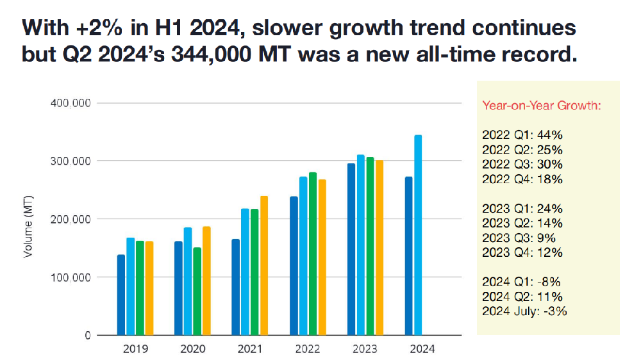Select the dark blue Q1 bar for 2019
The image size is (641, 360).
[x=121, y=295]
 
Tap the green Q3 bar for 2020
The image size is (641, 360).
[x=197, y=291]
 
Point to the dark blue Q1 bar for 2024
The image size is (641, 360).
[x=409, y=256]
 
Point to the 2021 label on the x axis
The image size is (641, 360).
[x=250, y=349]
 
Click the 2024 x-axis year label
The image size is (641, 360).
[x=422, y=349]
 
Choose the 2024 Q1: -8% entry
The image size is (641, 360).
[x=521, y=282]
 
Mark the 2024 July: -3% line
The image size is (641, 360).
[x=525, y=312]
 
